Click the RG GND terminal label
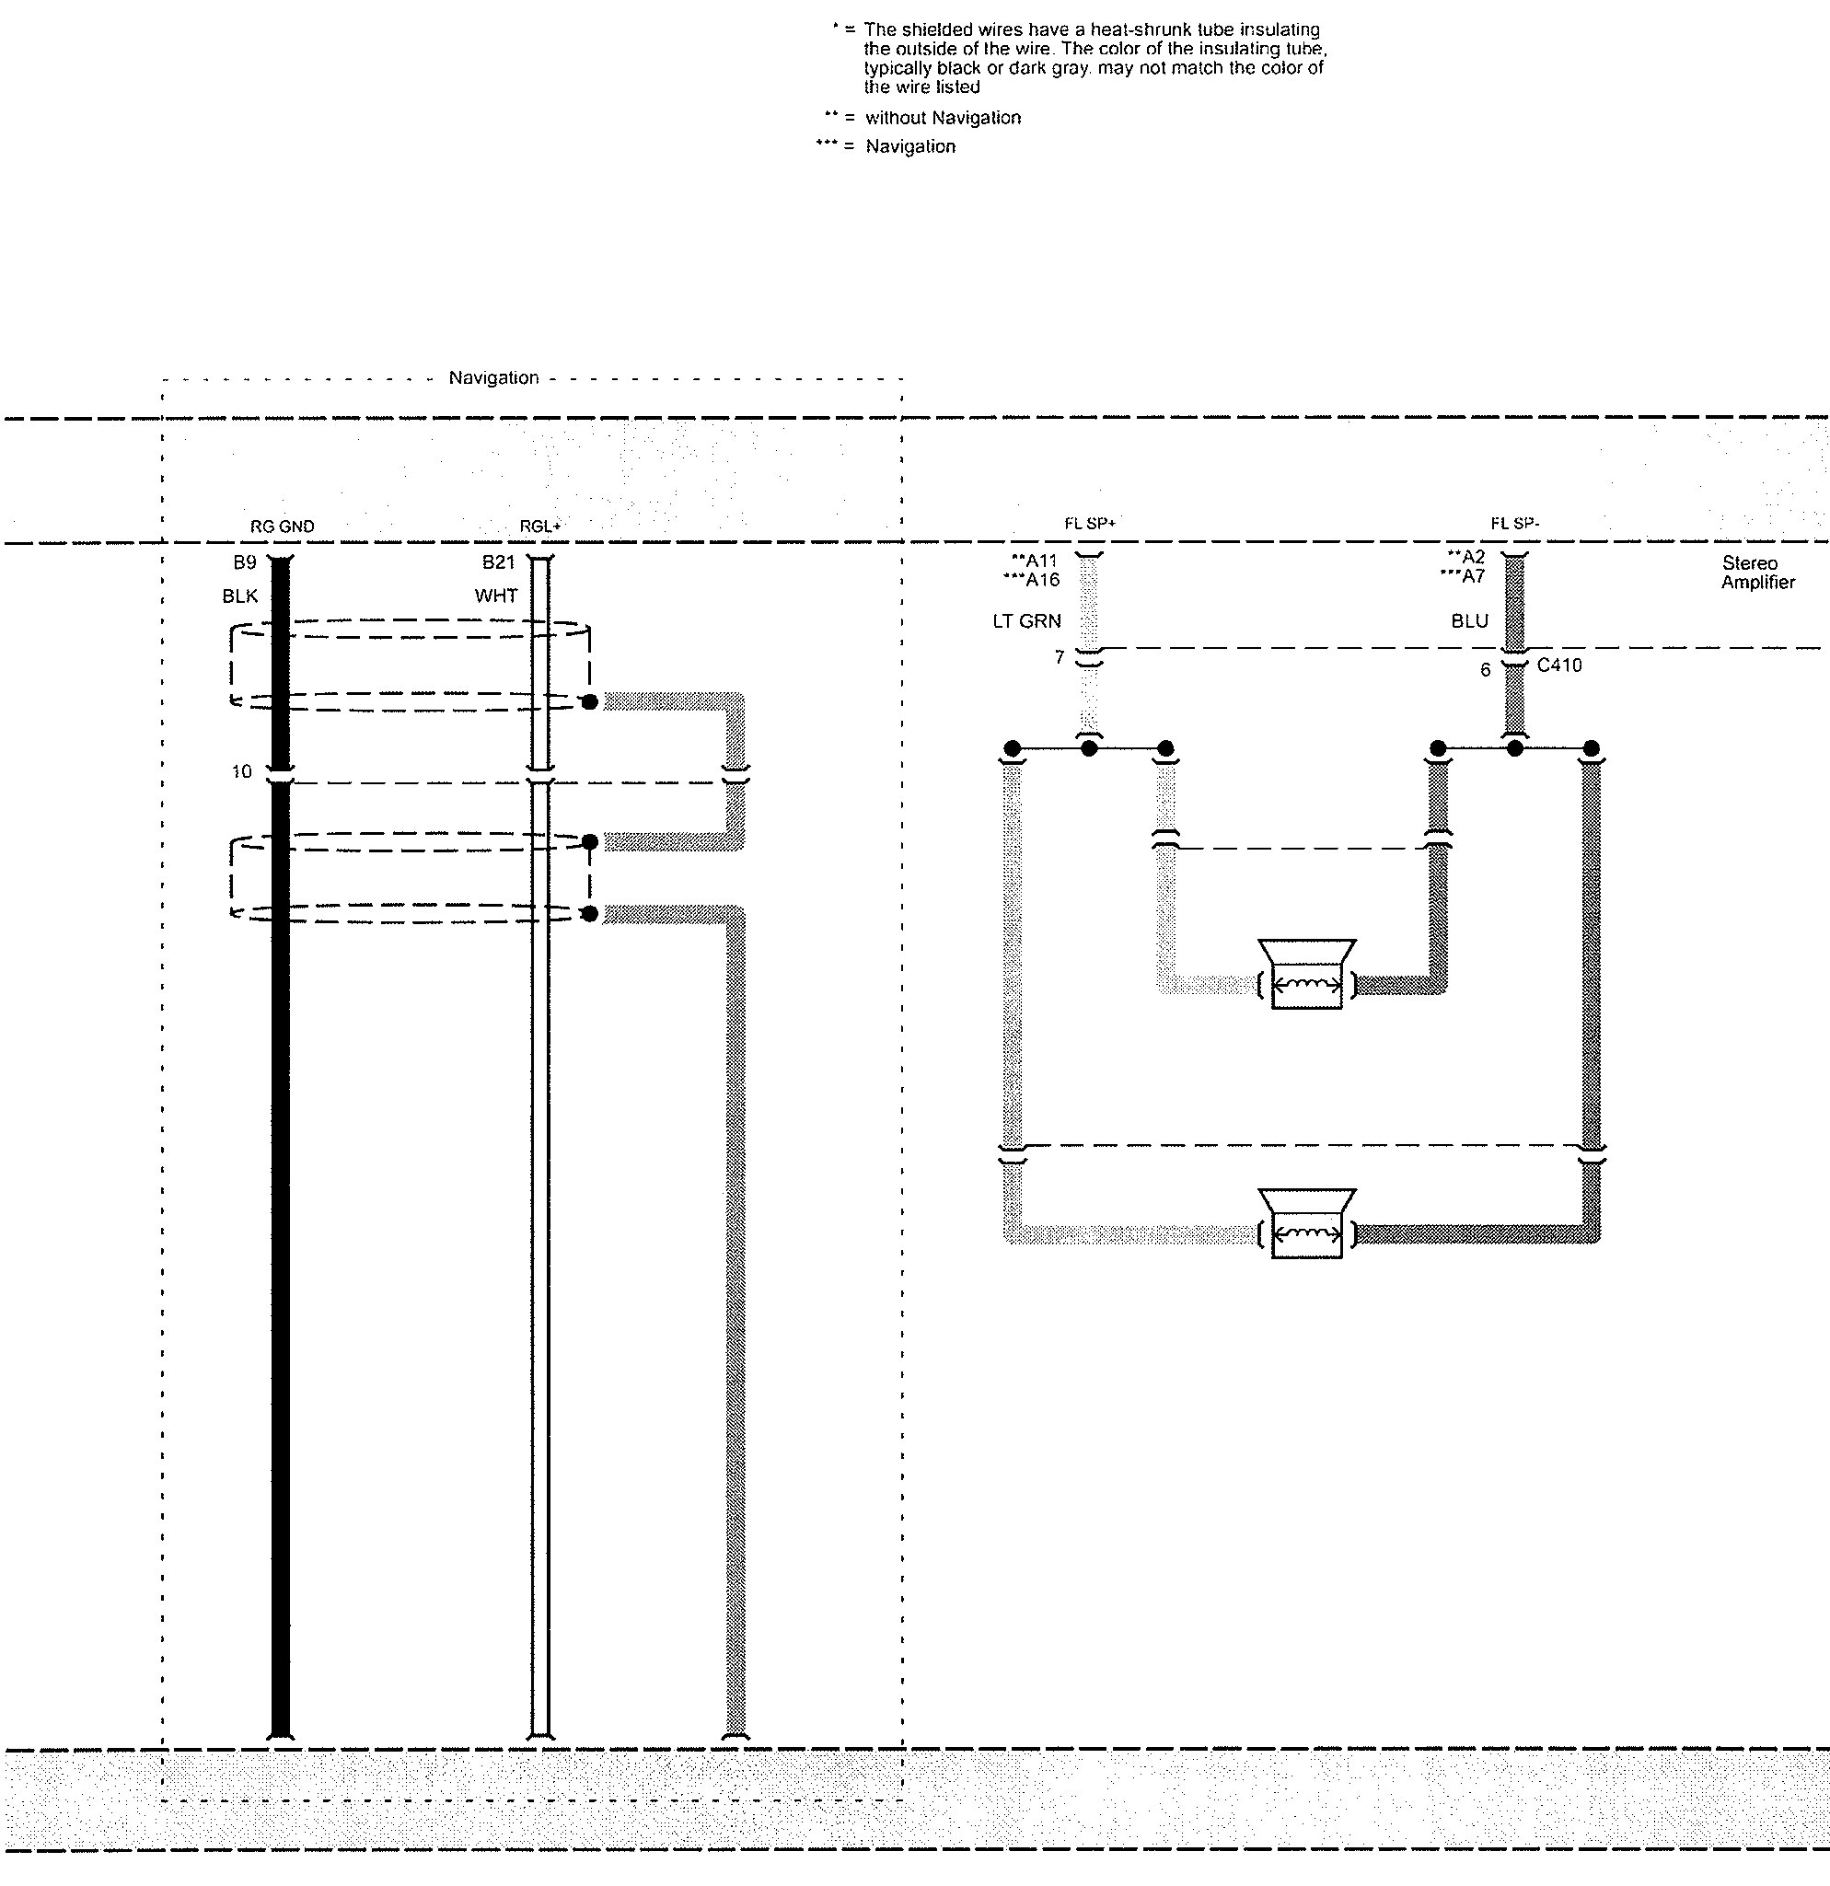coord(282,526)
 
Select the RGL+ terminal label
coord(539,526)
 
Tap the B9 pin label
coord(244,562)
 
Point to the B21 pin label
coord(498,562)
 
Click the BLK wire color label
coord(239,596)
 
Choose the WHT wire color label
coord(495,596)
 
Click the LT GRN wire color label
coord(1026,621)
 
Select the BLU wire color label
coord(1469,620)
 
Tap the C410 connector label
coord(1558,665)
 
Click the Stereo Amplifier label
coord(1757,573)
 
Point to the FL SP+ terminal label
coord(1089,524)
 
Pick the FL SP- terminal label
coord(1514,524)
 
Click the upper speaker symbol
coord(1305,974)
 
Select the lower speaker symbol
coord(1305,1223)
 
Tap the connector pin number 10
coord(241,771)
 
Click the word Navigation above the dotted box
coord(493,378)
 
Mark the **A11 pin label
coord(1034,561)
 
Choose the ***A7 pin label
coord(1462,576)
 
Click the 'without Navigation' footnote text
coord(943,119)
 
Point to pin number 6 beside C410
coord(1486,670)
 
